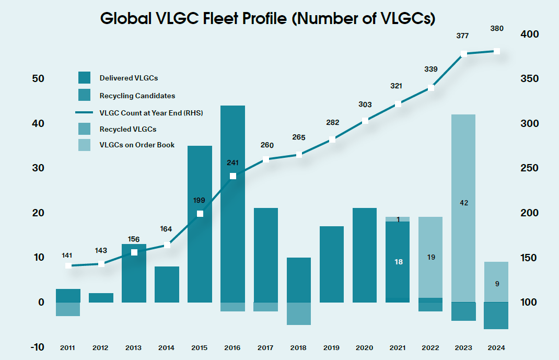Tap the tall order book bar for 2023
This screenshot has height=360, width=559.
(x=463, y=157)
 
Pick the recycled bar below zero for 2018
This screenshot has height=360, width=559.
(x=299, y=313)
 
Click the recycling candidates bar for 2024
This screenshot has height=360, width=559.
(x=496, y=316)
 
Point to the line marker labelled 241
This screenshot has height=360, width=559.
(x=233, y=176)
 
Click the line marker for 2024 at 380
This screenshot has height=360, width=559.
(x=497, y=51)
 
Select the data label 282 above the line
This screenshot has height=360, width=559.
(x=332, y=123)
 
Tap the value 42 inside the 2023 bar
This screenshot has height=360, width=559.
(x=464, y=203)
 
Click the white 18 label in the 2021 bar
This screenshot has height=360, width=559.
(x=399, y=262)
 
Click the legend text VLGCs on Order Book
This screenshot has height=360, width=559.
(x=137, y=145)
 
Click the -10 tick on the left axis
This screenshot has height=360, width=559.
(x=37, y=347)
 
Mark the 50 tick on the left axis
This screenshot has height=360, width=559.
(x=38, y=79)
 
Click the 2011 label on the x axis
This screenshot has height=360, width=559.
(x=68, y=347)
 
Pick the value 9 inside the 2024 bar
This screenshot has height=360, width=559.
(x=496, y=284)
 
